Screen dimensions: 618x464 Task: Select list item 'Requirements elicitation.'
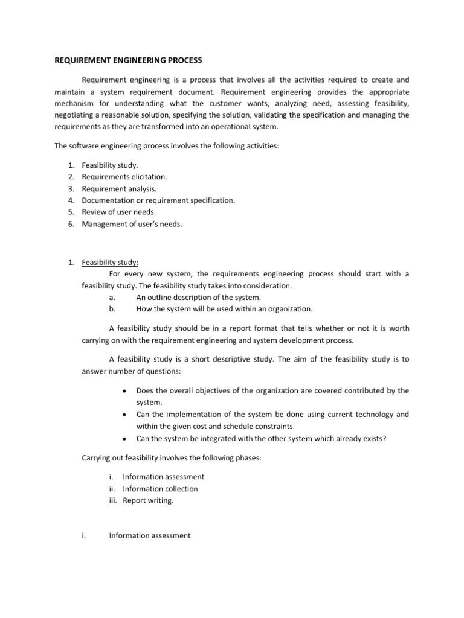(124, 177)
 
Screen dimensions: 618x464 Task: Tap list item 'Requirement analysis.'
(119, 188)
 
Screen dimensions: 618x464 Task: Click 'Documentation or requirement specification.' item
(159, 200)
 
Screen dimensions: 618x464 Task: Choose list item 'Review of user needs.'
(118, 211)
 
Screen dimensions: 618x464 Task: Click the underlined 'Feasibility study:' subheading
(111, 263)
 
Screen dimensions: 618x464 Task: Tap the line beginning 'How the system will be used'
(224, 309)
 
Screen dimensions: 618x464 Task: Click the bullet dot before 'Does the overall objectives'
(124, 391)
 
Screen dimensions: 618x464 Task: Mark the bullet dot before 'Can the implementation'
(124, 415)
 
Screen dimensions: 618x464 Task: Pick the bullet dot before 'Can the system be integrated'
(124, 439)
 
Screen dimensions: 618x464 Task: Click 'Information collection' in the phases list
(160, 489)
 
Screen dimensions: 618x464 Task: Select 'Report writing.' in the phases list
(148, 500)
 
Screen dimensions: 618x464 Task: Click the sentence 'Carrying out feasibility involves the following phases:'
(171, 458)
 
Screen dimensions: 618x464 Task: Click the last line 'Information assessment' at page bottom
(150, 535)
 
